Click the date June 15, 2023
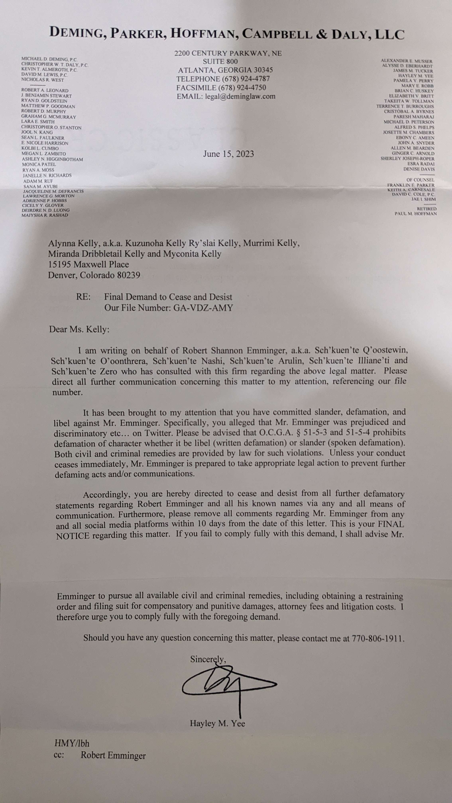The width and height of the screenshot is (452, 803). pos(228,154)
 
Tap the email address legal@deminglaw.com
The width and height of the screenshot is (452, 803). pos(240,96)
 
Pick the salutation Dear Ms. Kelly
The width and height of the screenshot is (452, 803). pos(79,329)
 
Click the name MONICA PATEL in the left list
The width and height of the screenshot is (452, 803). pos(39,164)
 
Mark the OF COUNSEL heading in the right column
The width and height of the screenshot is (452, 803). pos(420,180)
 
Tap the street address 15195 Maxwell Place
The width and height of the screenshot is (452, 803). pos(88,265)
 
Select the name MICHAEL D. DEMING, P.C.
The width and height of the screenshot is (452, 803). pos(49,59)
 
